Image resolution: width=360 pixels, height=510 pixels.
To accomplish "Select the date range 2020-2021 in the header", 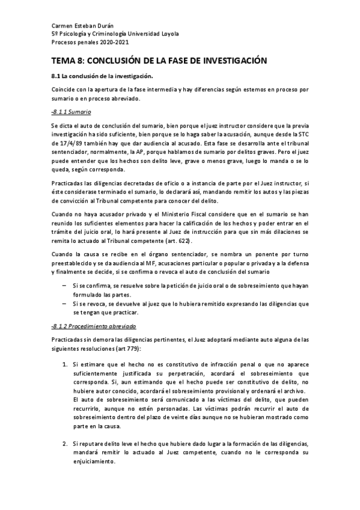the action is tap(112, 43).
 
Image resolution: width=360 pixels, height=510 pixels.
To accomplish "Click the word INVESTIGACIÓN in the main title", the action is tap(225, 61).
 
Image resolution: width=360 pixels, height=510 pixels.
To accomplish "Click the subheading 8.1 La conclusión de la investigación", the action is tap(102, 76).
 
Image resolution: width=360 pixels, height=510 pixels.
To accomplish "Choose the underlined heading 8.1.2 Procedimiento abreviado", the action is tap(94, 326).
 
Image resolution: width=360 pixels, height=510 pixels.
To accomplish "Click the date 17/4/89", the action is tap(72, 144).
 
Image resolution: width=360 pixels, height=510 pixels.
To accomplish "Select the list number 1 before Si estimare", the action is tap(65, 364).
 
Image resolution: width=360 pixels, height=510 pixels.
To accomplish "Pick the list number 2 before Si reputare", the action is tap(65, 442).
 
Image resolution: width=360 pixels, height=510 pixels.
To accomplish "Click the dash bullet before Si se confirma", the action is tap(64, 286).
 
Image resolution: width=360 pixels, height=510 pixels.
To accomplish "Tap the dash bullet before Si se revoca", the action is tap(64, 304).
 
